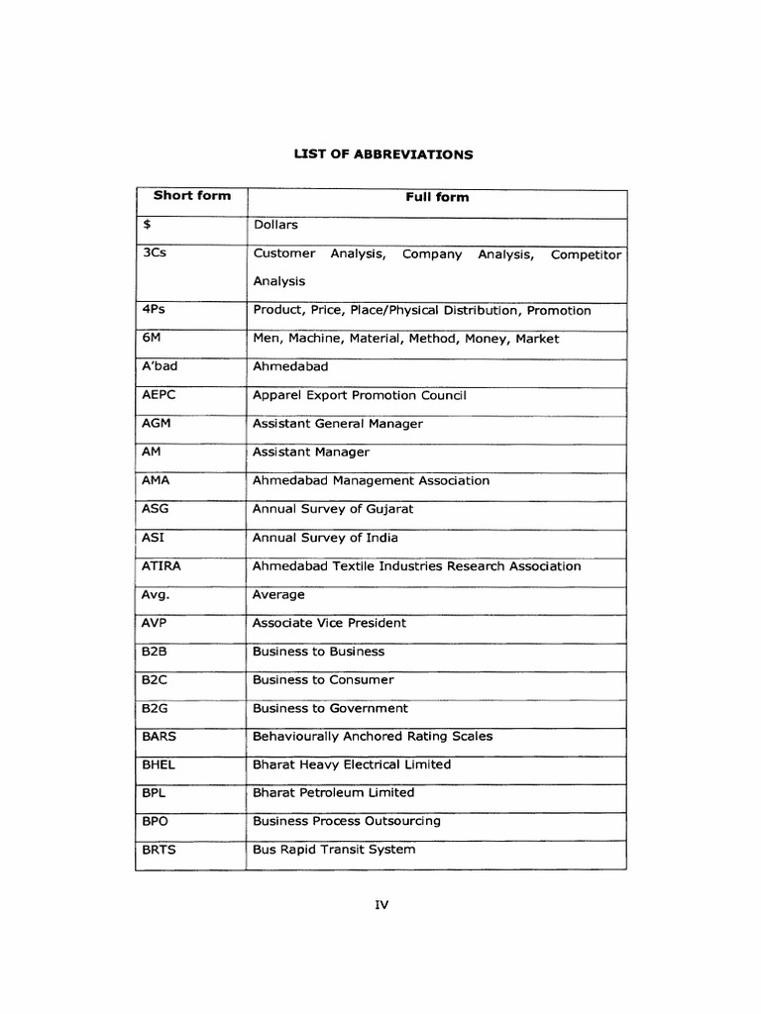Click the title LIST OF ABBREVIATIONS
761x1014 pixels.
(x=381, y=154)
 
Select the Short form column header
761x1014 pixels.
(x=191, y=196)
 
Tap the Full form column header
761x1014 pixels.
(x=437, y=197)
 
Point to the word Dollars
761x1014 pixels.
(x=275, y=225)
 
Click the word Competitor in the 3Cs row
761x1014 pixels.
(x=586, y=254)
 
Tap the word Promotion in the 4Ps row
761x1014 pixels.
(x=559, y=310)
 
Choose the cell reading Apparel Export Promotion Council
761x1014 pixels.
(x=359, y=395)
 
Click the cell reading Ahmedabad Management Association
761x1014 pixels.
(x=371, y=480)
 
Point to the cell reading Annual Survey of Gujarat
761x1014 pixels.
(x=333, y=509)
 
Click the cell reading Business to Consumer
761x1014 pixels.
(x=323, y=680)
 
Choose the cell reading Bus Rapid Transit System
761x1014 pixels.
(x=334, y=850)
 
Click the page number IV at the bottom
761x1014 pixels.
(x=381, y=905)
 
